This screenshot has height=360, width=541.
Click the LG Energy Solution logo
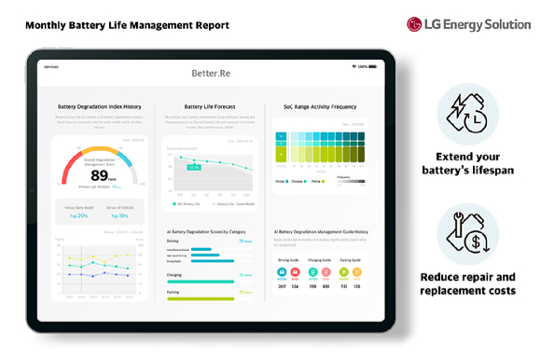tap(468, 24)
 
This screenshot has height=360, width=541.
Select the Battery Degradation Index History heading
tap(100, 107)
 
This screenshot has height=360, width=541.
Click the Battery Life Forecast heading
tap(209, 107)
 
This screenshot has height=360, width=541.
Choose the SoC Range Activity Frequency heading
tap(321, 107)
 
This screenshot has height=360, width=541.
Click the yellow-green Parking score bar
tap(200, 298)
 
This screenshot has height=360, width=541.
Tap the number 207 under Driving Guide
tap(283, 285)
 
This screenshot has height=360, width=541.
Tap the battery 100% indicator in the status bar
tap(361, 66)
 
